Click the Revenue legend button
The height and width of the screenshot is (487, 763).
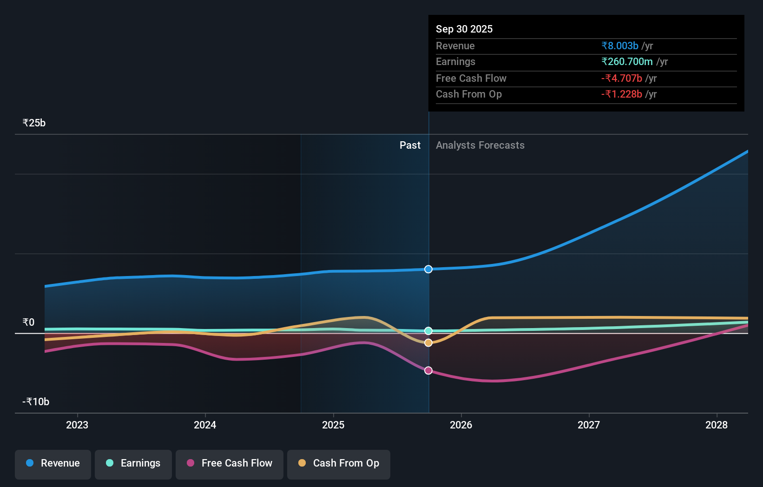[53, 464]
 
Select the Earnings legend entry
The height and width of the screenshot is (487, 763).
[133, 464]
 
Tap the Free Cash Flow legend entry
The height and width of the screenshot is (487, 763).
[230, 464]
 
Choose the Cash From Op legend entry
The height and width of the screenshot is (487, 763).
[339, 464]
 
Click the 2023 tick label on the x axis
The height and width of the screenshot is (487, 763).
[77, 425]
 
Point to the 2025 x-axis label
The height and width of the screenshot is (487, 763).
[333, 425]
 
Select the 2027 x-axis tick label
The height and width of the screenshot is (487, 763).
[589, 425]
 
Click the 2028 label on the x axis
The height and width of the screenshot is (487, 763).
[717, 425]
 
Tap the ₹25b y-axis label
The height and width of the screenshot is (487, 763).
[34, 123]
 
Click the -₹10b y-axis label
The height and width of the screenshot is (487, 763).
[36, 402]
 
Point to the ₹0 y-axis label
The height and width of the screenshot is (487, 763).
[29, 322]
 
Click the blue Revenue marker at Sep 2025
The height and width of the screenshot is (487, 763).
[428, 270]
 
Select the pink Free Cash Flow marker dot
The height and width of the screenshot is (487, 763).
[428, 370]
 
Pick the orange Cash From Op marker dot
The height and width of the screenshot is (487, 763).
[428, 342]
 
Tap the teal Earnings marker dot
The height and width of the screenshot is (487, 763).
[428, 331]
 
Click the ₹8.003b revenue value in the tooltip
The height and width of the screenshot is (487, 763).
[620, 46]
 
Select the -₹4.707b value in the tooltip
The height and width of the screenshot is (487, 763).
[622, 79]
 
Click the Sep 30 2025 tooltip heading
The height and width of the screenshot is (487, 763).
[464, 29]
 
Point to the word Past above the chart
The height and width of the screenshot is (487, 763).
[410, 145]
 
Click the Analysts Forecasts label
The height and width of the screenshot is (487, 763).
[480, 145]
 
